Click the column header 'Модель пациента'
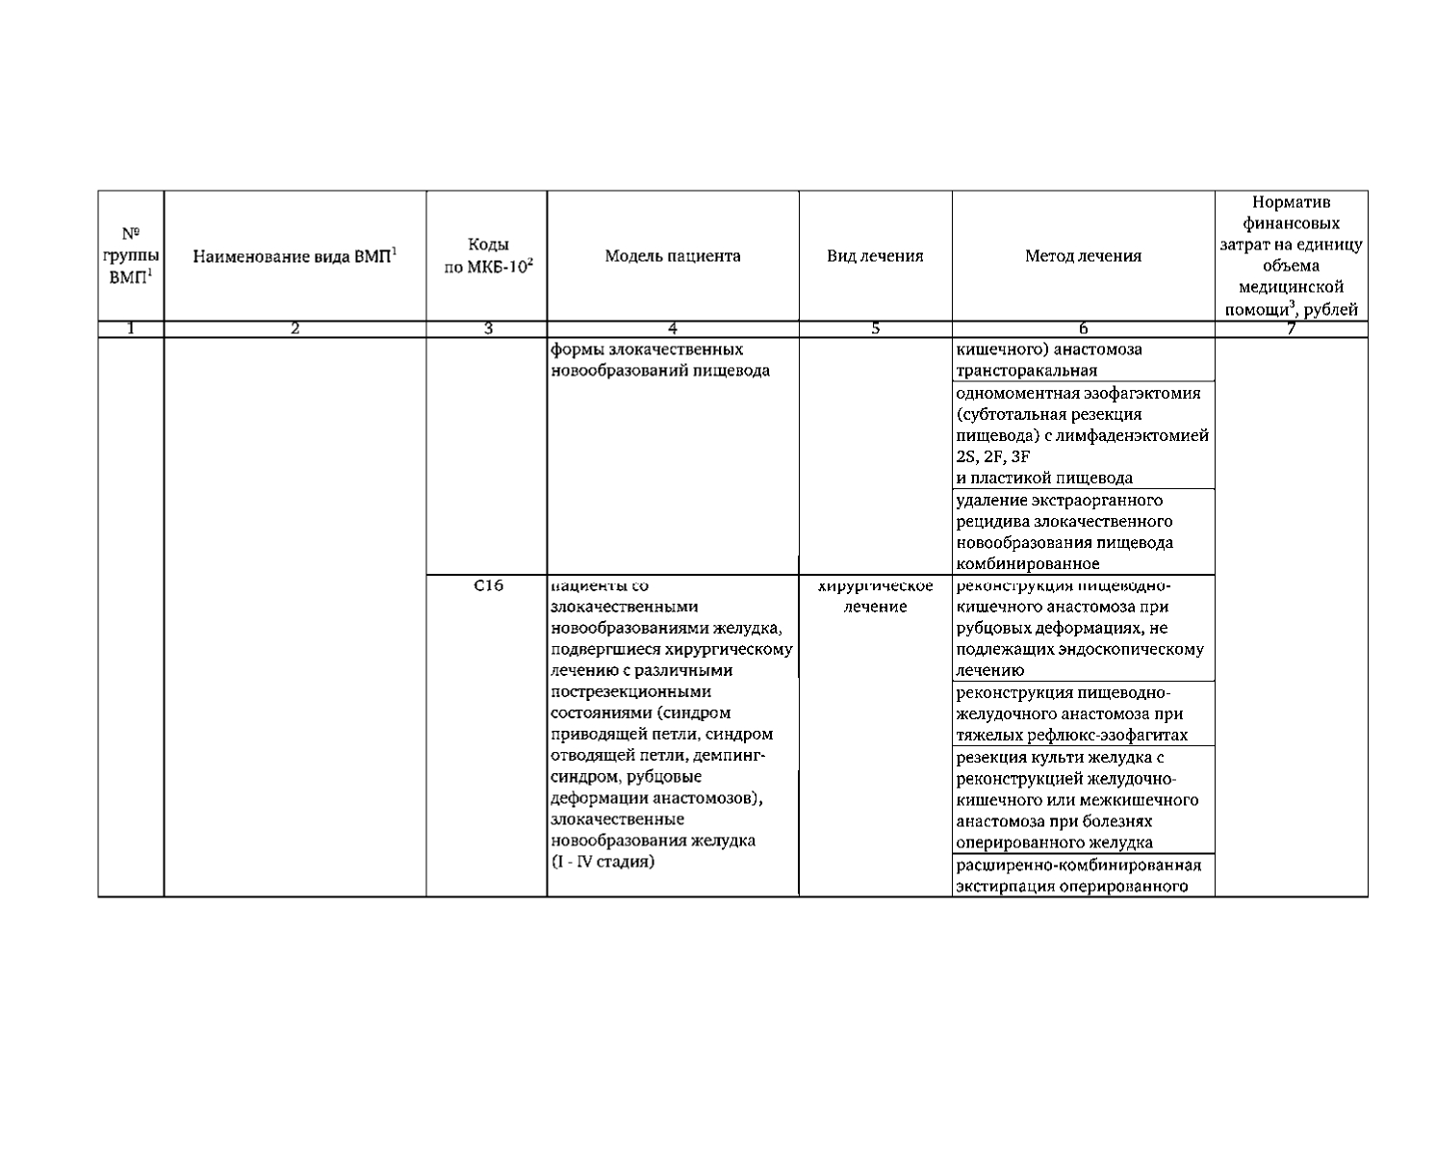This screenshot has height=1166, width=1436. pos(673,256)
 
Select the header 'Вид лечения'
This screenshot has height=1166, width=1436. pos(875,256)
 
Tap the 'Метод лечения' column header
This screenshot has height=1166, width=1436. pos(1083,256)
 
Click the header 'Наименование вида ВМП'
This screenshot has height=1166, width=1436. pos(295,256)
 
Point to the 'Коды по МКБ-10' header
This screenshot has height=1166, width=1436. pos(487,256)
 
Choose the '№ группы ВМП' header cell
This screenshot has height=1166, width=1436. pos(131,255)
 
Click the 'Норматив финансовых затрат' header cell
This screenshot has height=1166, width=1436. pos(1291,255)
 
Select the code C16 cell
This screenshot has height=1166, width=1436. pos(488,584)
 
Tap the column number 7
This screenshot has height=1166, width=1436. pos(1291,329)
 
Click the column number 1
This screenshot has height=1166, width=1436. pos(131,329)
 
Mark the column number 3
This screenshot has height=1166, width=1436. pos(488,329)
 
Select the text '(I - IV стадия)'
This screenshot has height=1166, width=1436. pos(603,862)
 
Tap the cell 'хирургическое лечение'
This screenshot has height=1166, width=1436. pos(875,596)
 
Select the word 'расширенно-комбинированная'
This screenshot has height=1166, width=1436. pos(1078,865)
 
